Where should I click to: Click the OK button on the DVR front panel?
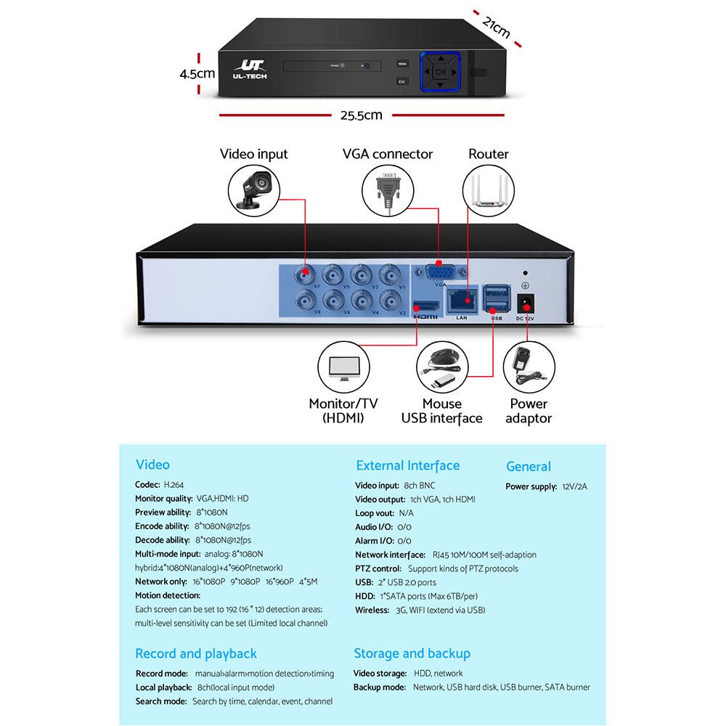click(441, 71)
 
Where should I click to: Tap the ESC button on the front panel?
click(402, 81)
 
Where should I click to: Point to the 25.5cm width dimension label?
click(361, 115)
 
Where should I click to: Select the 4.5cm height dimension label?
click(197, 73)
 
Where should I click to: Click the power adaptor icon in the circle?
click(529, 369)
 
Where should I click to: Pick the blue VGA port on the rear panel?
click(441, 273)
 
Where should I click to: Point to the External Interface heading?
click(407, 465)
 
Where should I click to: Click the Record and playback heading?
click(196, 653)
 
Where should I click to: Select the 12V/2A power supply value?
click(574, 486)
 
